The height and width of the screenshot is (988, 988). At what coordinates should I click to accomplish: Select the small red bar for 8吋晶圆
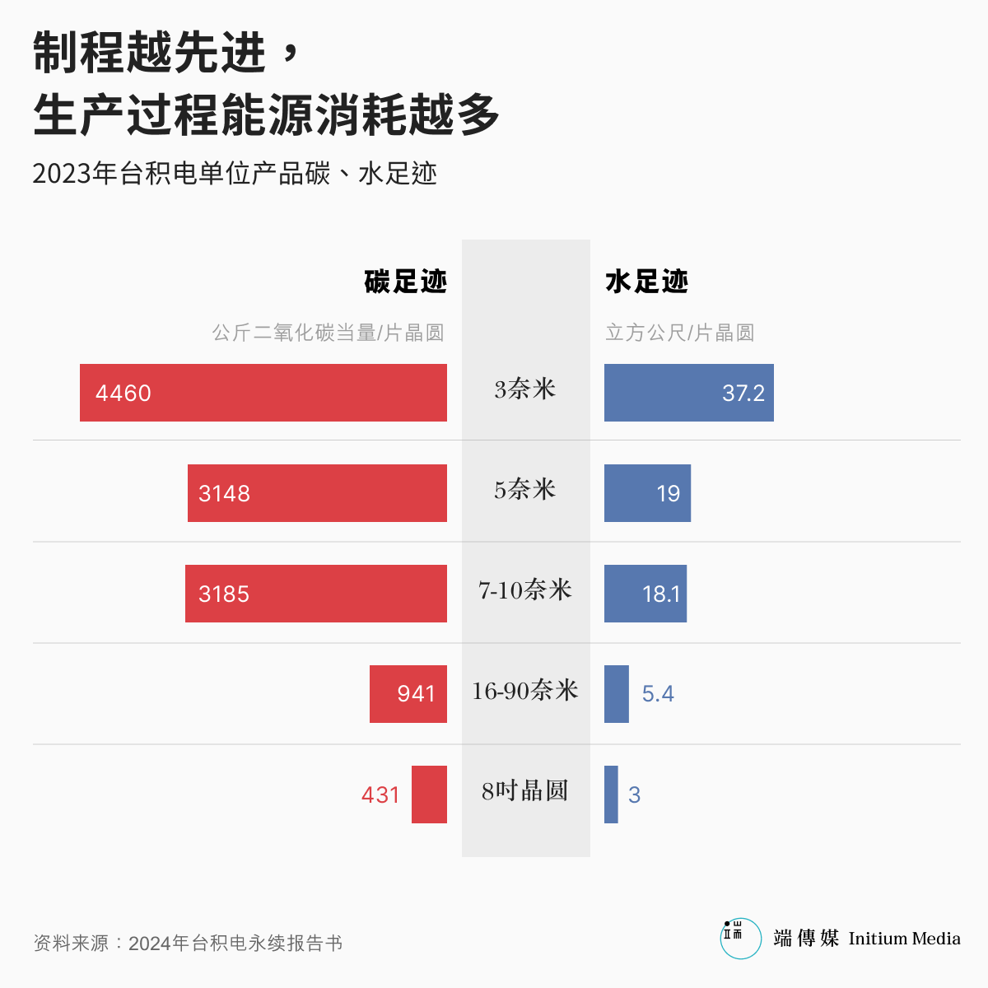429,795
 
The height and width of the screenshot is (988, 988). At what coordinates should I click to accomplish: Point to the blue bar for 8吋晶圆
611,795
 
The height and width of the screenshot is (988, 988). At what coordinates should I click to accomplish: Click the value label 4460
123,393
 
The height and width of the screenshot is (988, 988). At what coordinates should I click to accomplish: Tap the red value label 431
380,795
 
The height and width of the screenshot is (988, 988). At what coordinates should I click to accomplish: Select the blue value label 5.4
658,694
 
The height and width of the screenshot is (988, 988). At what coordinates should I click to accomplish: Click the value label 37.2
743,393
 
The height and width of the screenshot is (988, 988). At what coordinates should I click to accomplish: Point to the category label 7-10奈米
525,590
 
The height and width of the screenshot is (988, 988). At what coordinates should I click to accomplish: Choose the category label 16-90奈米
525,690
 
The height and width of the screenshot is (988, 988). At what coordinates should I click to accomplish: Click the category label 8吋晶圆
525,790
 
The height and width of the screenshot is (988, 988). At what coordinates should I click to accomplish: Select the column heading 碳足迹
406,282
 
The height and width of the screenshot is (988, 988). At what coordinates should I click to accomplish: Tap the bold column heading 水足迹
646,282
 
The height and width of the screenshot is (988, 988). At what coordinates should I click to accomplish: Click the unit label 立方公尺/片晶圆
679,333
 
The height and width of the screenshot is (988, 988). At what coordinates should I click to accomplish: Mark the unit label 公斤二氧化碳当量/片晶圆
329,333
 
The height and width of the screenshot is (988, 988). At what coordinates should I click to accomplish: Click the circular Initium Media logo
740,939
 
